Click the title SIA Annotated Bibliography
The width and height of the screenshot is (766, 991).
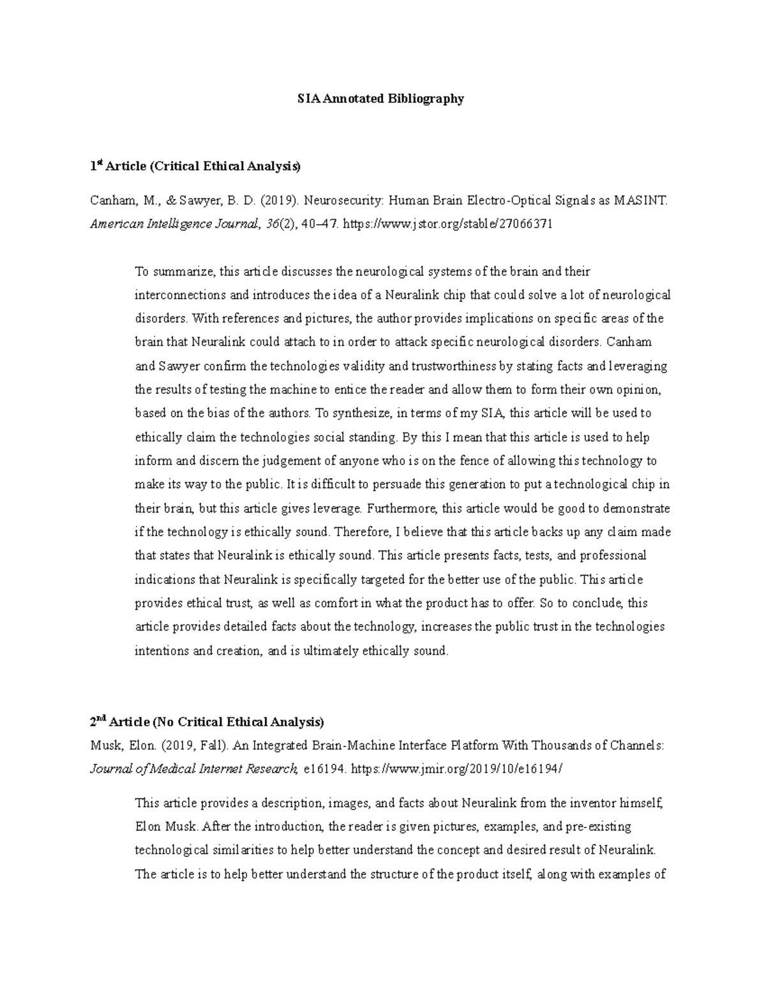point(381,99)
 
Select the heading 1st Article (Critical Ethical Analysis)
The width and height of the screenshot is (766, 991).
point(195,167)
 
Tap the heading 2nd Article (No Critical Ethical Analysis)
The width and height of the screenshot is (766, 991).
point(207,722)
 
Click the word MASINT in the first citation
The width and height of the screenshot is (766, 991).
point(640,201)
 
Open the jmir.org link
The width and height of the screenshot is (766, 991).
point(457,769)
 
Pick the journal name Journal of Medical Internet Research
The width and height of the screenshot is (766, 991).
point(193,769)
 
